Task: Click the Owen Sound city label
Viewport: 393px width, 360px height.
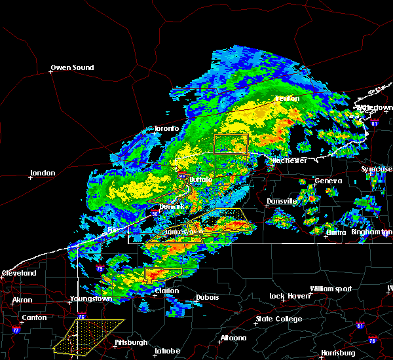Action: point(73,67)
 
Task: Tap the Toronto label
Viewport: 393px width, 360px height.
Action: point(166,128)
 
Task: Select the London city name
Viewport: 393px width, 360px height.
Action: point(43,173)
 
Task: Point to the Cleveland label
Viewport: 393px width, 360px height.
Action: point(18,272)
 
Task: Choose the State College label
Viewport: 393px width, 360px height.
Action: point(279,319)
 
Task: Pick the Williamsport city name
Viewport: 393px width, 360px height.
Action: point(331,289)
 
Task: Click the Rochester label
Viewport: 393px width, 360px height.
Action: point(290,160)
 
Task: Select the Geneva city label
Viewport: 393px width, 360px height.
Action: point(328,181)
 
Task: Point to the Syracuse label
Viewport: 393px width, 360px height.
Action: point(377,169)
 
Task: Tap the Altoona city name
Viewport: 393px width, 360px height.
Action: point(233,338)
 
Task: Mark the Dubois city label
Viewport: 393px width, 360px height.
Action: point(207,297)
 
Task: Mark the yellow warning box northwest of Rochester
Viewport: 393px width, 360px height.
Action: point(231,144)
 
